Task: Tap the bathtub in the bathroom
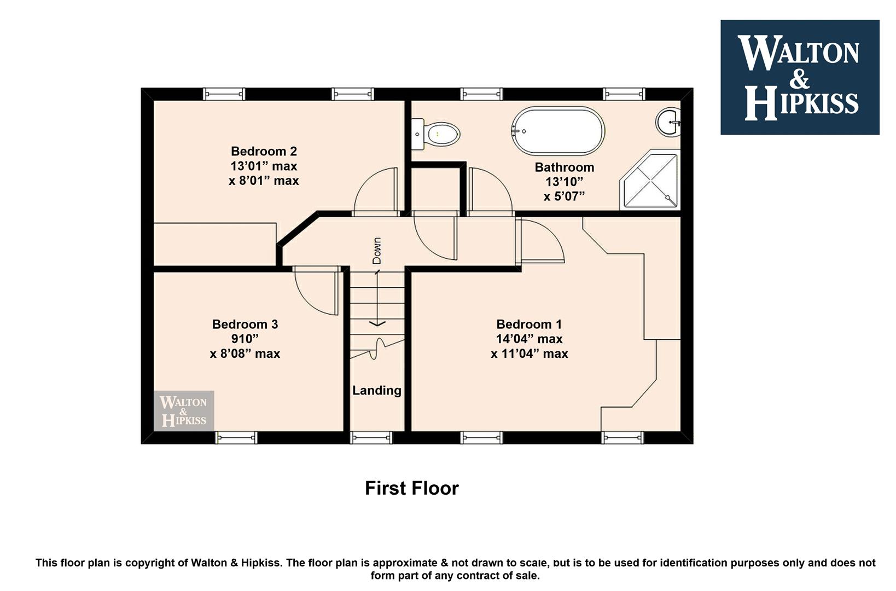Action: [x=558, y=130]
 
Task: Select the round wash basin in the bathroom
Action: [x=668, y=121]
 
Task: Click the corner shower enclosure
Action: [x=650, y=179]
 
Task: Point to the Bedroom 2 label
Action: [x=264, y=151]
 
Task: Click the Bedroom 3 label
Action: [x=245, y=324]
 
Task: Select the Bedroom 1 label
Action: [x=529, y=324]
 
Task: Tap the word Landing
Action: [x=377, y=390]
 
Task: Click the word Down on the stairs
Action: [x=377, y=251]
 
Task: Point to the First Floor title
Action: [x=411, y=488]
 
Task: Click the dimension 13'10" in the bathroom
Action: [x=565, y=182]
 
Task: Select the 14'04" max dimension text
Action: [x=529, y=339]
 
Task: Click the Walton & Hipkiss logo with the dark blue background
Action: [x=800, y=77]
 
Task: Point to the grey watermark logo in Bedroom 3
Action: [x=184, y=411]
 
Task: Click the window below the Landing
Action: [x=371, y=438]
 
